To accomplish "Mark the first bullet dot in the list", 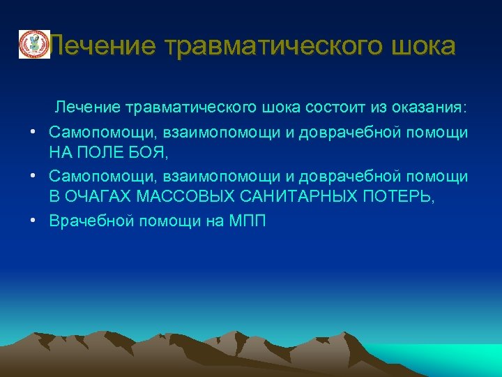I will click(x=33, y=132).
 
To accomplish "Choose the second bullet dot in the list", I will click(x=33, y=177).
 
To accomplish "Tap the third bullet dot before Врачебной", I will click(x=33, y=221).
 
